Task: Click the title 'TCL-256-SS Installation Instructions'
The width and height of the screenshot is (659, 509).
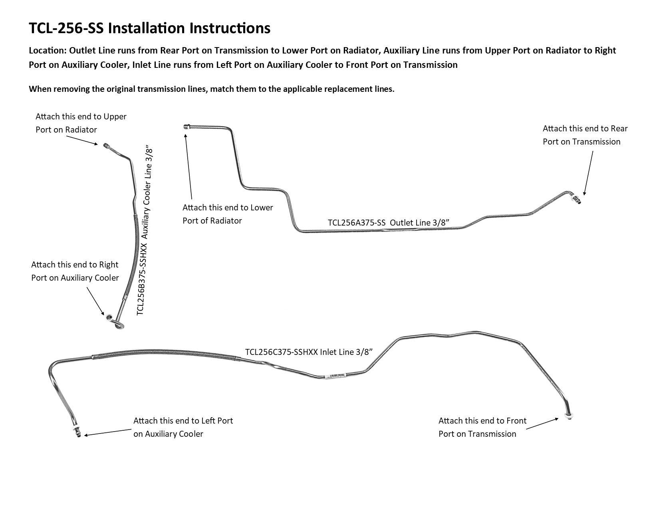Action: [x=149, y=28]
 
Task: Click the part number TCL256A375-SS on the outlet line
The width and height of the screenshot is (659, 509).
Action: [x=357, y=223]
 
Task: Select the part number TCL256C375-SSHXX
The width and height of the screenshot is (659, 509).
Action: [x=282, y=352]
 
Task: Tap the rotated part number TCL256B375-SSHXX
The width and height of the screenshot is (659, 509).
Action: [x=142, y=279]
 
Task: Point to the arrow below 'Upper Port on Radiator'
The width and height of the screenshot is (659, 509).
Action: [x=82, y=141]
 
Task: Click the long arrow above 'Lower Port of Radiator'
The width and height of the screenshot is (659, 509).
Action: [x=189, y=166]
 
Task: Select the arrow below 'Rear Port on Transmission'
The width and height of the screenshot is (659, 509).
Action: [x=588, y=173]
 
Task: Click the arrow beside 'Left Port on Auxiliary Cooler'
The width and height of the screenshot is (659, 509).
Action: [x=108, y=433]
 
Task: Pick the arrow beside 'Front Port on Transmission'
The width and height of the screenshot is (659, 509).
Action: [x=542, y=424]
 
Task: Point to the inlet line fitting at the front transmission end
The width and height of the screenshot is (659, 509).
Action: [x=569, y=416]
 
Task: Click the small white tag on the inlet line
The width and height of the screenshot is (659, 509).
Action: [x=335, y=376]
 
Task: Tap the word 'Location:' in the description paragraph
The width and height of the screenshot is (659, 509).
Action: [x=48, y=50]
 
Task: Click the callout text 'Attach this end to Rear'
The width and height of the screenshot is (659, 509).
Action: [x=585, y=129]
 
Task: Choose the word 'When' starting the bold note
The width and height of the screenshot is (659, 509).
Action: [x=39, y=89]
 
